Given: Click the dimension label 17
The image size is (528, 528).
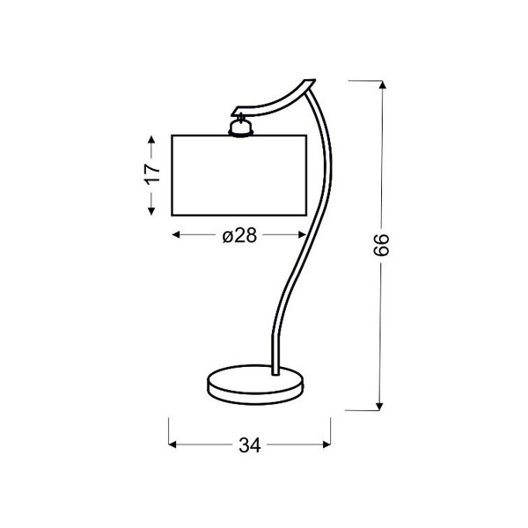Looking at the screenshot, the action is (x=152, y=173).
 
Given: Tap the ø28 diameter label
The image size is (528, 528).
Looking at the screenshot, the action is (x=239, y=235).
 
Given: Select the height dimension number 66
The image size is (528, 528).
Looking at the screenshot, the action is (x=382, y=245).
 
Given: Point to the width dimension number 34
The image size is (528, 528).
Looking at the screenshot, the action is (x=250, y=444).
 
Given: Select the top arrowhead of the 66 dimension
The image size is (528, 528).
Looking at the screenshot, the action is (x=382, y=84).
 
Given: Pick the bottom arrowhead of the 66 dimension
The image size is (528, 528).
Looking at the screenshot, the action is (x=379, y=406).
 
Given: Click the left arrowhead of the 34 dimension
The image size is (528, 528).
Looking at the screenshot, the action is (x=172, y=444).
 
